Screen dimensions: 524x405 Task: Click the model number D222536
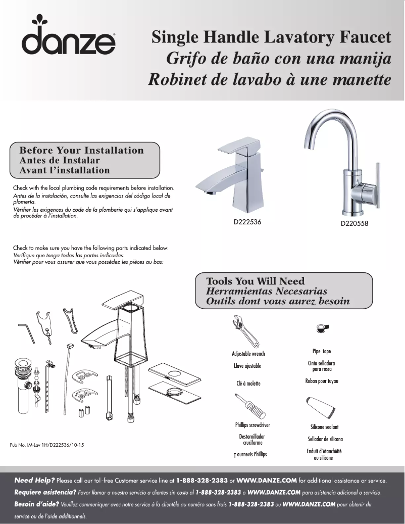tap(247, 222)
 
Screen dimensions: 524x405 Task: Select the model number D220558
tap(354, 223)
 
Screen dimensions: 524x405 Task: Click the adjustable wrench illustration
tap(242, 331)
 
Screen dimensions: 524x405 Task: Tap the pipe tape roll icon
tap(322, 328)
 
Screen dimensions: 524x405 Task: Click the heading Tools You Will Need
tap(256, 281)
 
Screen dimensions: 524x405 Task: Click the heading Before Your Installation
tap(81, 151)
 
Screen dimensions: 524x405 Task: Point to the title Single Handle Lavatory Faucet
tap(271, 37)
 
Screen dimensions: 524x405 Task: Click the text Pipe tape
tap(322, 351)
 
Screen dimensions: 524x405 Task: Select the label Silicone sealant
tap(324, 427)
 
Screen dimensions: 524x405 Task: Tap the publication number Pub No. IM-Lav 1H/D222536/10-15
tap(46, 445)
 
